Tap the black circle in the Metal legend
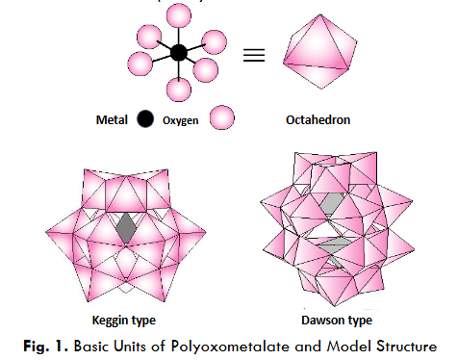144,119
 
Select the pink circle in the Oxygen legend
222,119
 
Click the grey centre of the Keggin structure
126,228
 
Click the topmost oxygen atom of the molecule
178,15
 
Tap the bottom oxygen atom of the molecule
179,90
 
